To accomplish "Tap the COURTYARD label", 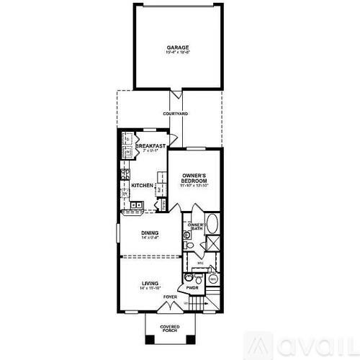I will click(x=175, y=114).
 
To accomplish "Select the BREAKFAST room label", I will click(x=150, y=146).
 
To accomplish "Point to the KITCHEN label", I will click(x=143, y=186).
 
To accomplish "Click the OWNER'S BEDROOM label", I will click(x=194, y=178).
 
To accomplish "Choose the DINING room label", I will click(x=150, y=233).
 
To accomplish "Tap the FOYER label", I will click(x=170, y=297).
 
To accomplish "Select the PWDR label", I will click(x=192, y=288).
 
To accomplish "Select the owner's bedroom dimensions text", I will click(x=194, y=186).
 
